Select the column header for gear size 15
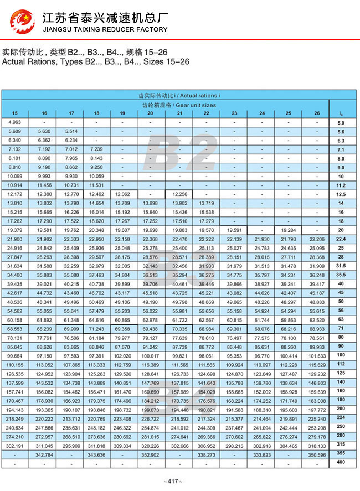pyautogui.click(x=15, y=113)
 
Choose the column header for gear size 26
pyautogui.click(x=317, y=113)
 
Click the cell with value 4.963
pyautogui.click(x=15, y=122)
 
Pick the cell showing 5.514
pyautogui.click(x=71, y=131)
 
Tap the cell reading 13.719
pyautogui.click(x=206, y=203)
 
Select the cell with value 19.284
pyautogui.click(x=289, y=230)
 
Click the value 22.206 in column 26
pyautogui.click(x=317, y=239)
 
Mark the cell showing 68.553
pyautogui.click(x=15, y=329)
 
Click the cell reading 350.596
pyautogui.click(x=317, y=454)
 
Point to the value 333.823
pyautogui.click(x=262, y=454)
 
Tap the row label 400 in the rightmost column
pyautogui.click(x=341, y=463)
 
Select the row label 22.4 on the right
pyautogui.click(x=341, y=239)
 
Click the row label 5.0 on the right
pyautogui.click(x=341, y=123)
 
